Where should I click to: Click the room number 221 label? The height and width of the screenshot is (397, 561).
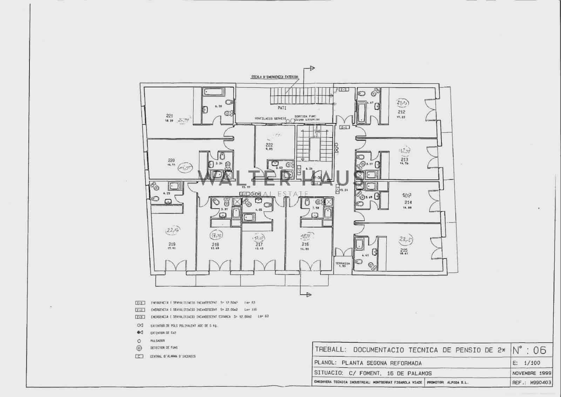pos(169,116)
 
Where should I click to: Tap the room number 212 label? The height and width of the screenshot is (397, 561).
pos(401,112)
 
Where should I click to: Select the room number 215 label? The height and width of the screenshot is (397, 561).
pos(404,250)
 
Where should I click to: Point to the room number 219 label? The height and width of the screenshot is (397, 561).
pos(172,244)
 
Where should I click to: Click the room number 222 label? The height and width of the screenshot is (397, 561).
pos(269,145)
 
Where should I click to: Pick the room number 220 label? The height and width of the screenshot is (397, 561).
pos(171,161)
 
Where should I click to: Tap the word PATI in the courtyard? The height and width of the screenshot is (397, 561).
pos(282,108)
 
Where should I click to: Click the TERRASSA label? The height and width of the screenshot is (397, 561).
pos(342,263)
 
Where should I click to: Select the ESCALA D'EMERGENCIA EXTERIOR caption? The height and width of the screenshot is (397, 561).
pos(275,76)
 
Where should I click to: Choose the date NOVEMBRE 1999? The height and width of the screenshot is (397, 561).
pos(532,373)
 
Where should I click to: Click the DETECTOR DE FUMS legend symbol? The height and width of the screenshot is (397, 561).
pos(139,348)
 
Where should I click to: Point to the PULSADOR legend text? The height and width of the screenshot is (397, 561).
pos(157,341)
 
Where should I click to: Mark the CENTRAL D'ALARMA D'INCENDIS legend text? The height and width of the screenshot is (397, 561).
pos(173,356)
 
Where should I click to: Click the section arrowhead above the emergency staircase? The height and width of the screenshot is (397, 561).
pos(312,68)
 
